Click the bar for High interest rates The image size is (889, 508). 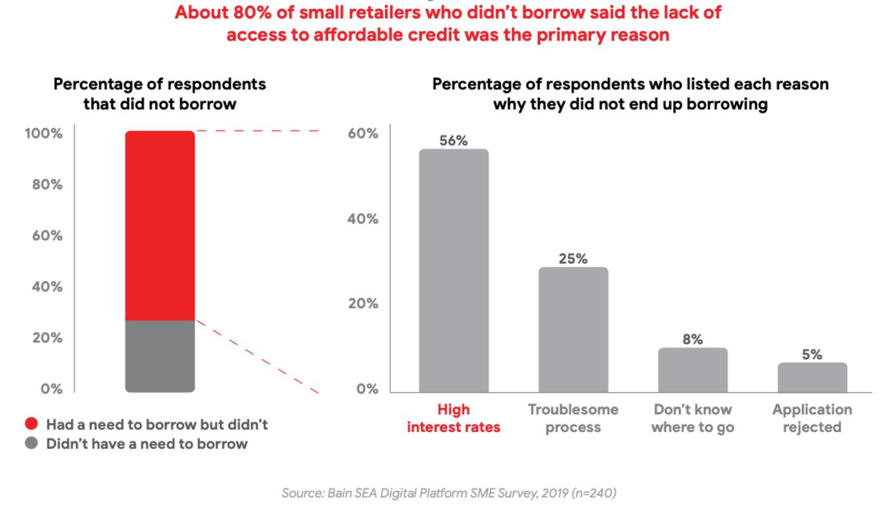tap(453, 271)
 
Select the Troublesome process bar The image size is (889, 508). tap(573, 329)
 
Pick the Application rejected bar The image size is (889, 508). tap(812, 377)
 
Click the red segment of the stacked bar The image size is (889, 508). tap(160, 226)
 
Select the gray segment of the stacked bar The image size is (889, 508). tap(160, 356)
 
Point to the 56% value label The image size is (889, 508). tap(453, 141)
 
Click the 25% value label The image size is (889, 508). tap(573, 259)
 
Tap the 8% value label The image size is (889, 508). tap(692, 340)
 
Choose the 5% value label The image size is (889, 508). tap(812, 355)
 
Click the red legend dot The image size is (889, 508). tap(32, 424)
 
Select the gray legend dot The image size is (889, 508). tap(32, 444)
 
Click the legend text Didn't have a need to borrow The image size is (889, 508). tap(146, 444)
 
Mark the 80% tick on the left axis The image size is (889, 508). tap(47, 185)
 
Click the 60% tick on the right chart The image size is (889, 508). tap(363, 134)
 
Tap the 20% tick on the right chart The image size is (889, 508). tap(363, 304)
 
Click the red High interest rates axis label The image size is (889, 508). tap(453, 418)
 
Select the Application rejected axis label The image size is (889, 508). tap(812, 418)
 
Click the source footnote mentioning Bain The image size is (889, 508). tap(449, 493)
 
